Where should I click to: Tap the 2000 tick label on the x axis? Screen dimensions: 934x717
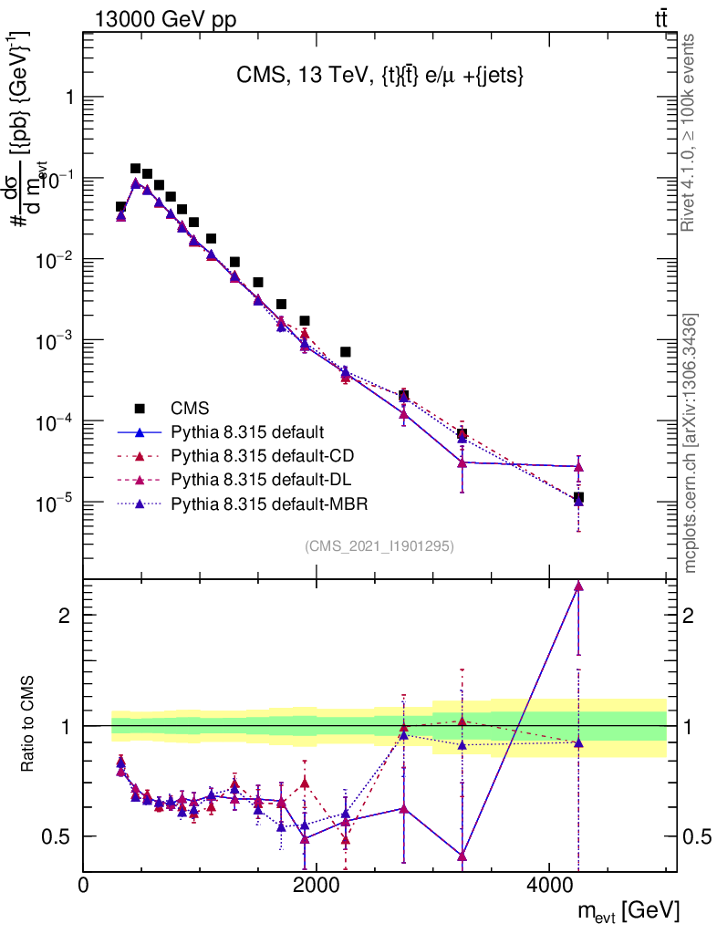pos(316,885)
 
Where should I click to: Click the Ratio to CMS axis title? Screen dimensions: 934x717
pos(29,726)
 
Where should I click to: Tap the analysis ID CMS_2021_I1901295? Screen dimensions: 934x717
pos(379,545)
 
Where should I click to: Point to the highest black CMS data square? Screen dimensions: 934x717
pos(135,169)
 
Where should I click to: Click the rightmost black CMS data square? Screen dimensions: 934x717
pos(578,498)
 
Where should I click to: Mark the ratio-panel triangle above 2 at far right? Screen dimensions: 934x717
pos(578,586)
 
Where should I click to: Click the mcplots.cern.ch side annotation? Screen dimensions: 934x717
pos(691,442)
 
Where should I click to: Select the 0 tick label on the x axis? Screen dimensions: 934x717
pos(83,885)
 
